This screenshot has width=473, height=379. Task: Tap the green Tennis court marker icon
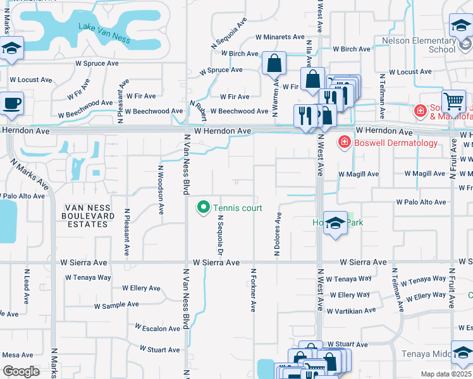[x=204, y=207]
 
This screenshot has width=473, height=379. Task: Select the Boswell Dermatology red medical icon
[x=344, y=142]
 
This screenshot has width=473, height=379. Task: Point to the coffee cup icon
[x=12, y=102]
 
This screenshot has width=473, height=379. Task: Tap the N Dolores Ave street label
[x=277, y=234]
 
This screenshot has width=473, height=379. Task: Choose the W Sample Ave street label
[x=116, y=304]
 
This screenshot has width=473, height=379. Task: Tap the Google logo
[x=21, y=371]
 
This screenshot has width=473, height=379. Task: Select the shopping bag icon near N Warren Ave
[x=274, y=63]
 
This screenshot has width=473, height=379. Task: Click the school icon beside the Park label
[x=335, y=223]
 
